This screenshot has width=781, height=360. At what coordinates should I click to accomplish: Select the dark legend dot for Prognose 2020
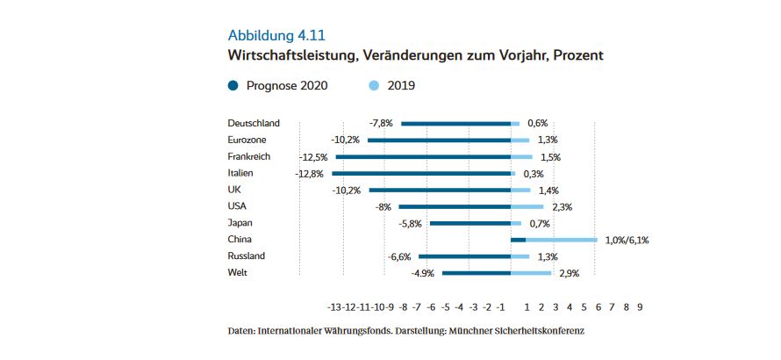(x=233, y=86)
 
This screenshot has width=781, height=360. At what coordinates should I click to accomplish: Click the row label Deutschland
(x=254, y=123)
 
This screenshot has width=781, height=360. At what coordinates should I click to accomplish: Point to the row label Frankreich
(x=249, y=156)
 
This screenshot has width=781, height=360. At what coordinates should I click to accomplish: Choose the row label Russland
(x=247, y=256)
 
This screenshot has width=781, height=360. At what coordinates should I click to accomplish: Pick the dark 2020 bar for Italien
(x=420, y=174)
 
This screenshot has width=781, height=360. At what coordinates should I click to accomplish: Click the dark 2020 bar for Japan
(x=469, y=223)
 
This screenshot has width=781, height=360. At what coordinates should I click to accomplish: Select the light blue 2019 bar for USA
(x=527, y=206)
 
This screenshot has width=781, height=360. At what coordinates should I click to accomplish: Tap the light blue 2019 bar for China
(x=562, y=240)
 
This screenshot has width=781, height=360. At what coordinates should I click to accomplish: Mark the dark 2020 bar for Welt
(x=476, y=273)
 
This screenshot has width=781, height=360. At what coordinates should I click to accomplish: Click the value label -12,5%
(x=314, y=157)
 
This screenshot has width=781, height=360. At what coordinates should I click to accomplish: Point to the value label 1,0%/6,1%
(x=627, y=240)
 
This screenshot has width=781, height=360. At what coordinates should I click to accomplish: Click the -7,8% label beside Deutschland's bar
(x=380, y=124)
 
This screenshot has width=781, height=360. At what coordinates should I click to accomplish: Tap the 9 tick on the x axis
(x=640, y=307)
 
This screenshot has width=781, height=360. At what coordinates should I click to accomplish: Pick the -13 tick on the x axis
(x=334, y=307)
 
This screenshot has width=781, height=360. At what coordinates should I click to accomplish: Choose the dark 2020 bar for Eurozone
(x=439, y=140)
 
